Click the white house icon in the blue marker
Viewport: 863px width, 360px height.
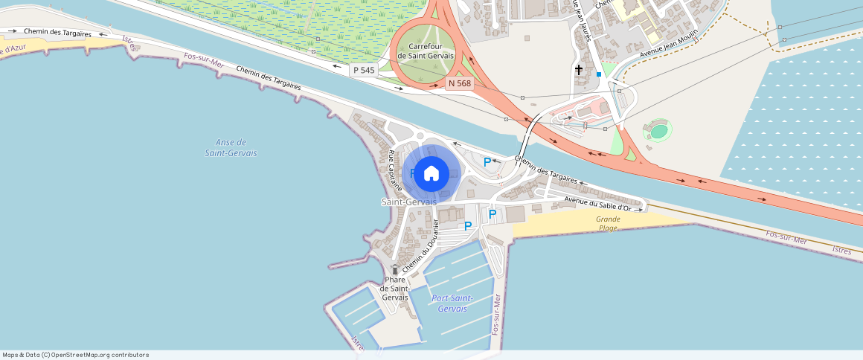[431, 173]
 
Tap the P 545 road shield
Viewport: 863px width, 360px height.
[365, 70]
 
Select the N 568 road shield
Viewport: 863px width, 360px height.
[460, 83]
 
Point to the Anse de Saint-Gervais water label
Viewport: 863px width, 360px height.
[231, 147]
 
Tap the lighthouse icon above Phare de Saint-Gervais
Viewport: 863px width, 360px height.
[395, 269]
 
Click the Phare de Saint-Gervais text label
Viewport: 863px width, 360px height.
[394, 289]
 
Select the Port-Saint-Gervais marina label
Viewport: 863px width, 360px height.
[452, 303]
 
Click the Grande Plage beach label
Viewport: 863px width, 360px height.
[608, 223]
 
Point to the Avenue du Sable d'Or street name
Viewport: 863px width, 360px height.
[597, 204]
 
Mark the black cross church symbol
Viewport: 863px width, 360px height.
[579, 69]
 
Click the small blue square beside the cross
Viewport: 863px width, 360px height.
[599, 74]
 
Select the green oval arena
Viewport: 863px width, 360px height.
[658, 132]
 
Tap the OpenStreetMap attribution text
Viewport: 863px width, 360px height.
[76, 355]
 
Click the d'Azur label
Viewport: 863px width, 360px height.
[13, 50]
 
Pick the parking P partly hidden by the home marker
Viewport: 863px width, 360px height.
[412, 173]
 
